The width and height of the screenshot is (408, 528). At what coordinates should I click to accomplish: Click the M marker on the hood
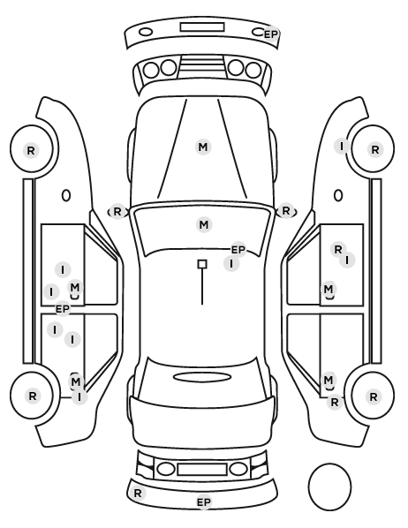(203, 147)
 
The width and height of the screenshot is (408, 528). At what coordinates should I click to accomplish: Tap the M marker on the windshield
(204, 224)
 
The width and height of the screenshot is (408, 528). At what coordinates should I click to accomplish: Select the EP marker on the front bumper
(270, 34)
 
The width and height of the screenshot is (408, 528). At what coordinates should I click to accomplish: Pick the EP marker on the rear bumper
(204, 502)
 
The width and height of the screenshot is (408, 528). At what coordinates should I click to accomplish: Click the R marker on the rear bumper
(138, 494)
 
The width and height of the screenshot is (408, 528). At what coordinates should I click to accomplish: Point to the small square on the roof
(202, 264)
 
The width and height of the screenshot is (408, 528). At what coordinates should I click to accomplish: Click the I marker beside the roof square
(231, 264)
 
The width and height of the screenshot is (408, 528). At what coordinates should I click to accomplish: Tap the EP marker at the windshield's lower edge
(238, 250)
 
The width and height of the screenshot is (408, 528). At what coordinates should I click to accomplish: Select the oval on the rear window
(202, 377)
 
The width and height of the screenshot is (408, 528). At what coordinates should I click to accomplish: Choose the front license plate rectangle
(202, 27)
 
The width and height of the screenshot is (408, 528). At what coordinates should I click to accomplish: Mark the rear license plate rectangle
(202, 470)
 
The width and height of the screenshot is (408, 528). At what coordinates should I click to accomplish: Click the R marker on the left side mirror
(117, 212)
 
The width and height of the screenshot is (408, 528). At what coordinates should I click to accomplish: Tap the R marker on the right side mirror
(286, 211)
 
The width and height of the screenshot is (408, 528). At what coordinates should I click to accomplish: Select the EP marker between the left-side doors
(63, 309)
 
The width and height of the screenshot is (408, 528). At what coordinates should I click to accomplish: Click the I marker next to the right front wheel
(342, 147)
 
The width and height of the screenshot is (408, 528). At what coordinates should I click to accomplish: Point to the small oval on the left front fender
(66, 195)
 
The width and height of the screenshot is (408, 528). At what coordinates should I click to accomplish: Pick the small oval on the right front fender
(338, 195)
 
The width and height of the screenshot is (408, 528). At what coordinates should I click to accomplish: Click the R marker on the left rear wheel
(33, 396)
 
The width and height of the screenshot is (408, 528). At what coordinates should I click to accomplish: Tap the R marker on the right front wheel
(375, 149)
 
